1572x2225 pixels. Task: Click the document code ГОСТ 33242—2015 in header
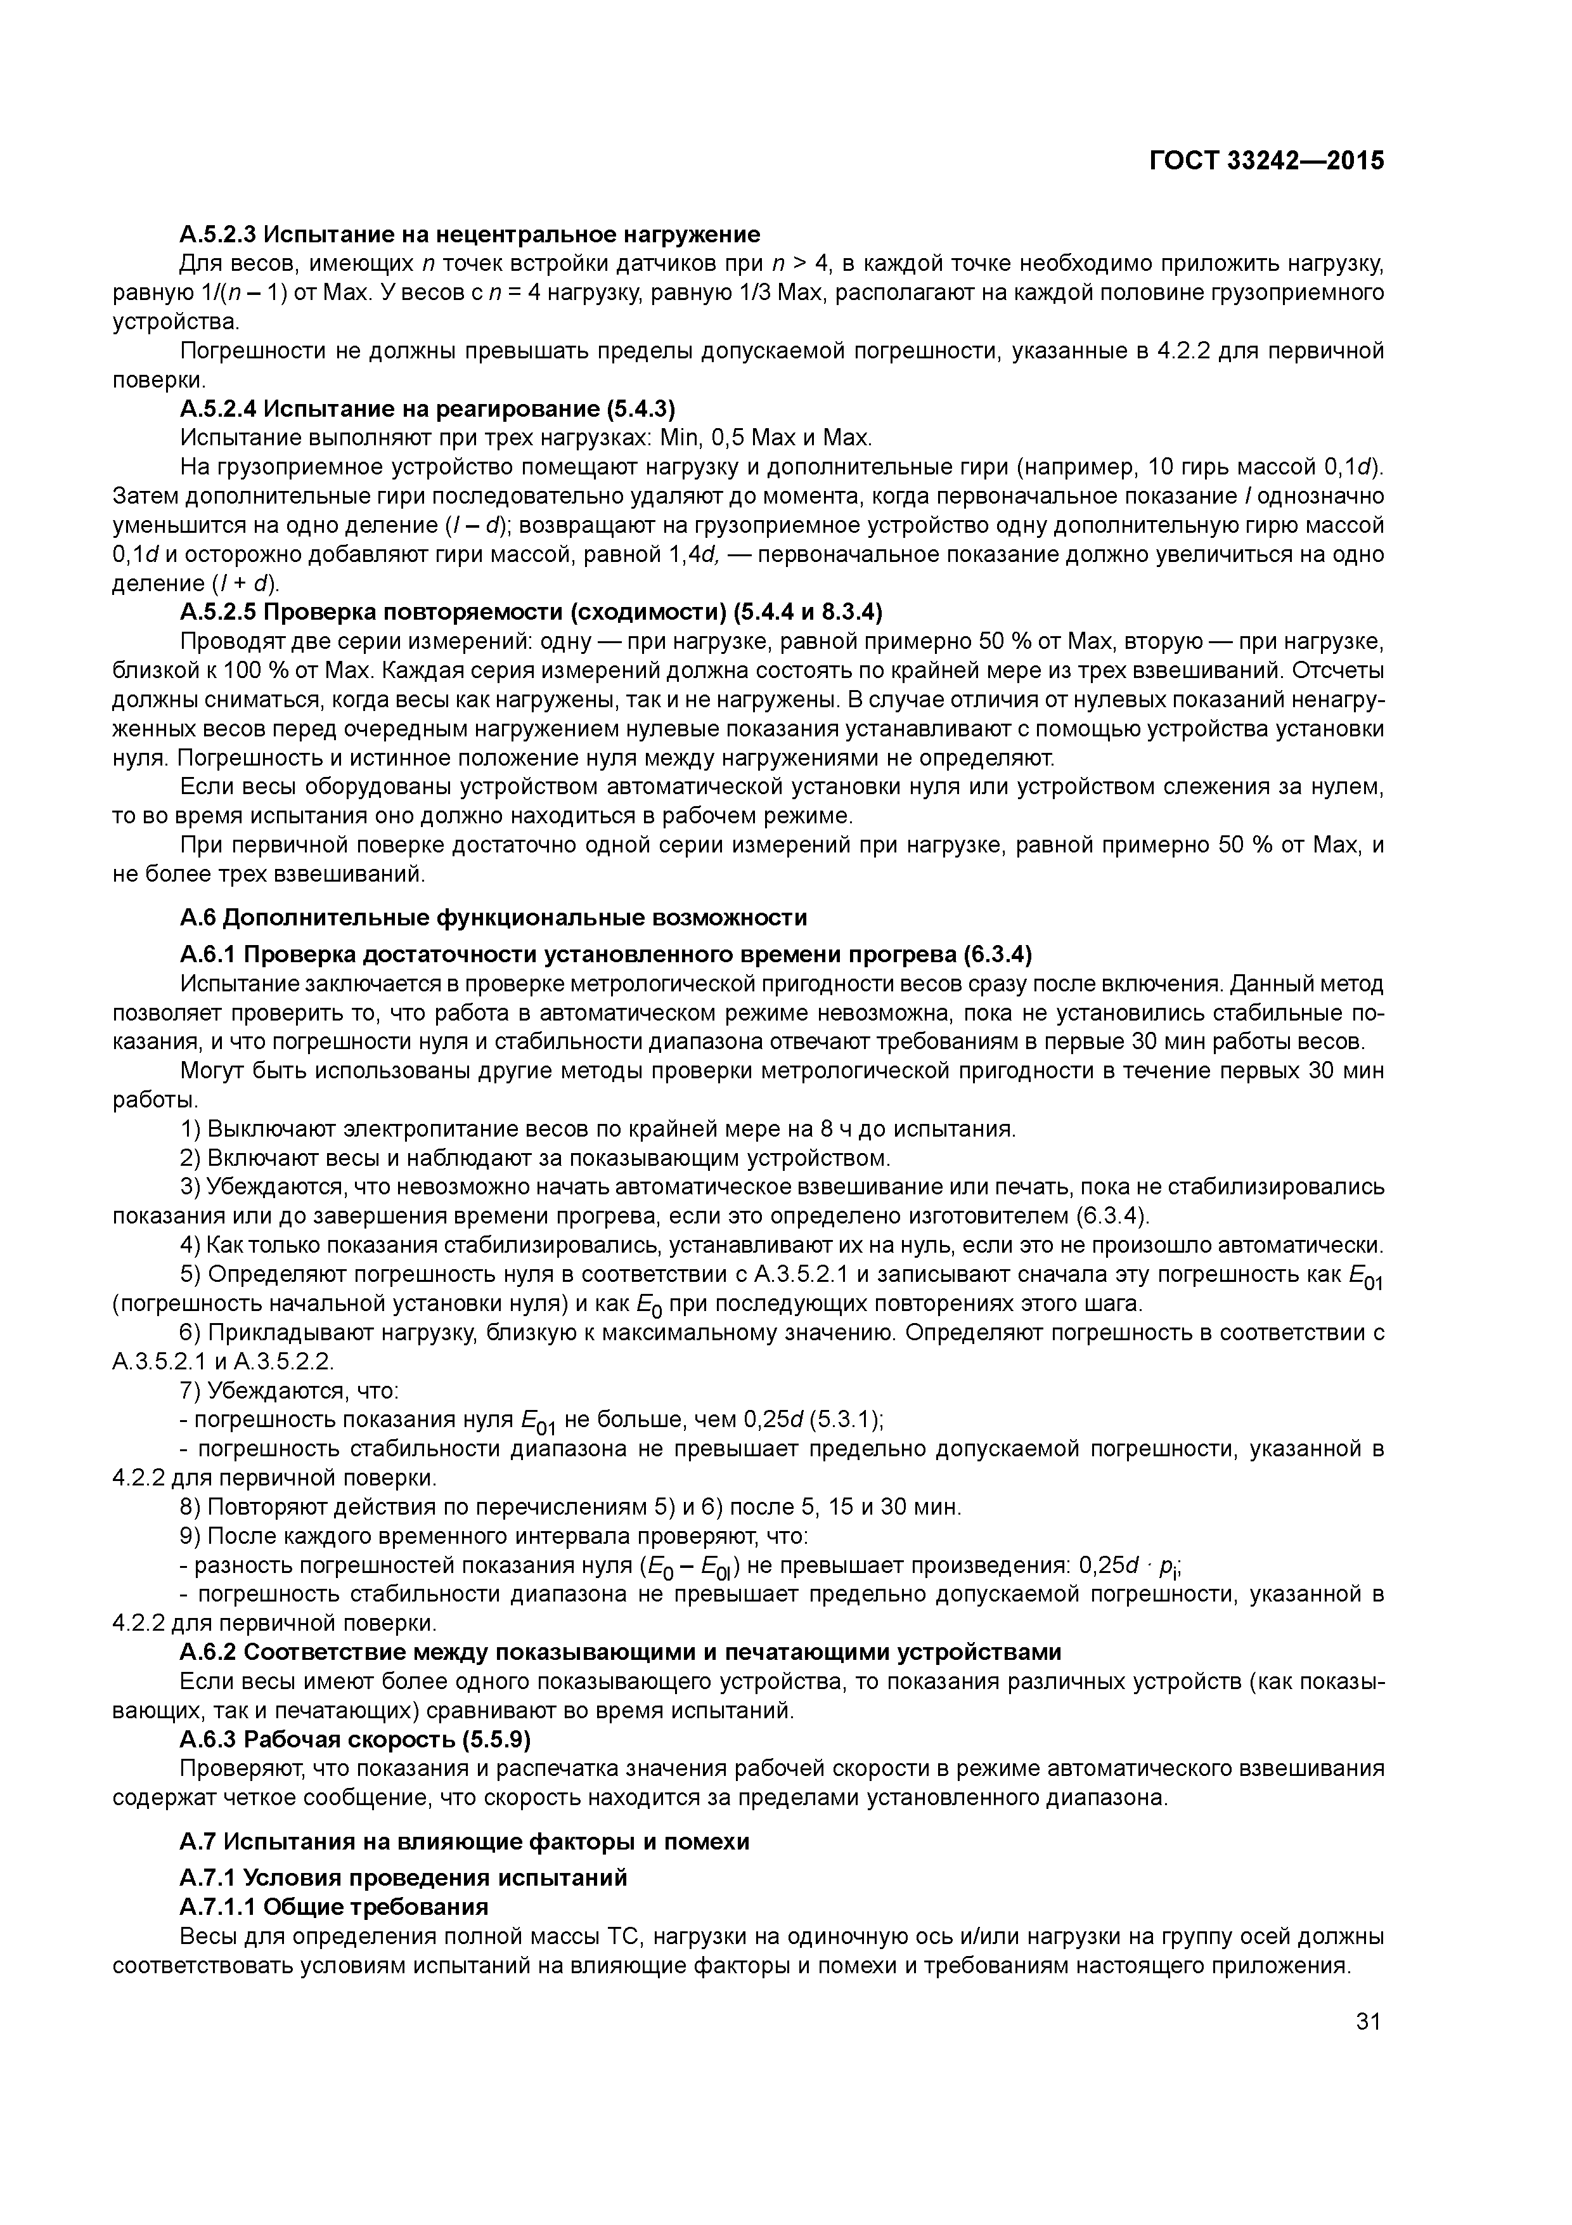pos(1266,161)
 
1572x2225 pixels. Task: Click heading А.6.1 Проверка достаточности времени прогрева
pos(605,955)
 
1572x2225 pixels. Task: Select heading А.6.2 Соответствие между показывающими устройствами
pos(620,1651)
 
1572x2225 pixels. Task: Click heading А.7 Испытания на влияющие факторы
pos(465,1841)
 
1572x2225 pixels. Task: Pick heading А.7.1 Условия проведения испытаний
pos(403,1878)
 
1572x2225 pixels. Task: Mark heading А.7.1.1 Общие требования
pos(333,1907)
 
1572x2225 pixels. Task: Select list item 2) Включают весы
pos(534,1158)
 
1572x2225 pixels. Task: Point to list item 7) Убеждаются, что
pos(288,1390)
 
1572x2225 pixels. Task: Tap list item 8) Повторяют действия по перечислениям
pos(570,1507)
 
